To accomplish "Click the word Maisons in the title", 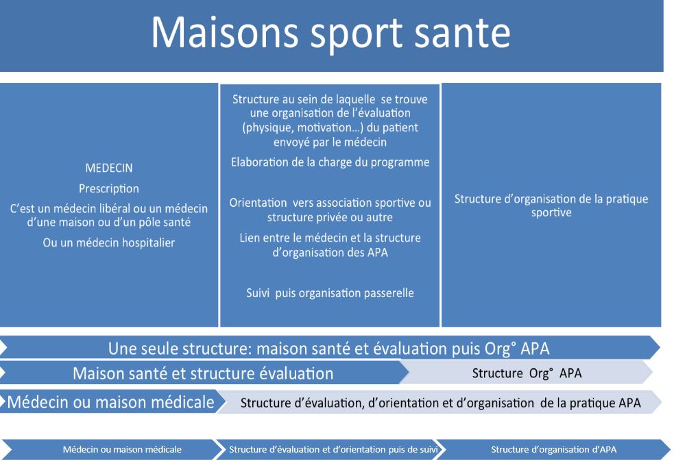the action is [225, 33].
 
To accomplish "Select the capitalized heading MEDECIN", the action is [109, 168].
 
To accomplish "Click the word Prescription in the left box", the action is [109, 189].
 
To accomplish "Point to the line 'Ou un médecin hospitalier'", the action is [109, 243].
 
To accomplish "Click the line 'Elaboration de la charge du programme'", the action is [330, 162].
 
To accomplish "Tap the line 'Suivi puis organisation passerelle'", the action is [330, 293].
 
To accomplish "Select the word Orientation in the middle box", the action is [258, 203].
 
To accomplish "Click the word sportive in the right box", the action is [551, 213].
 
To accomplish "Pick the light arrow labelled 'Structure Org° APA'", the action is [527, 373].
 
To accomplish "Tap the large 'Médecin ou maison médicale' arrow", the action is [111, 402].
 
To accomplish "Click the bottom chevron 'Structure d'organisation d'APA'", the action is [553, 450].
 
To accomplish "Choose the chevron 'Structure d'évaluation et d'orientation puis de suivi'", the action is [330, 450].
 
